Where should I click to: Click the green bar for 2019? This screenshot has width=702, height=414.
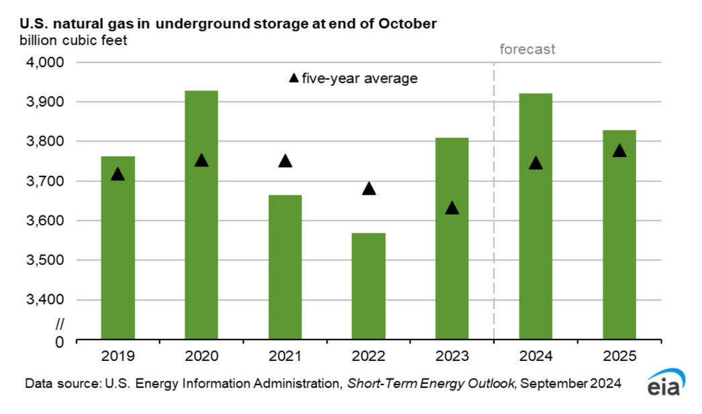[x=118, y=248]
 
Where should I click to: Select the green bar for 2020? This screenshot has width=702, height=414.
[x=201, y=215]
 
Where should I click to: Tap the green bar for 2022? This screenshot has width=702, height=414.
[x=368, y=287]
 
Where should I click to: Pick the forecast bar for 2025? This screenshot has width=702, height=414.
[x=619, y=235]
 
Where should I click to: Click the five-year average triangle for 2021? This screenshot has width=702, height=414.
[x=285, y=161]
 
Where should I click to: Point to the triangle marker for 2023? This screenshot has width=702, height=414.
[x=452, y=208]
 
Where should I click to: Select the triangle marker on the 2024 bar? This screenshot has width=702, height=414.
[x=536, y=163]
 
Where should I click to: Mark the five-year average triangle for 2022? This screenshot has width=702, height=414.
[x=368, y=189]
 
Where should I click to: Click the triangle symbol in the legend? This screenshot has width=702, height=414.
[x=293, y=79]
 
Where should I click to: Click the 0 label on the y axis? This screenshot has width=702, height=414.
[x=59, y=342]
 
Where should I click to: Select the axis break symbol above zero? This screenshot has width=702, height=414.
[x=59, y=324]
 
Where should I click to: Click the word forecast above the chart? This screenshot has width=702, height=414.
[x=528, y=50]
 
